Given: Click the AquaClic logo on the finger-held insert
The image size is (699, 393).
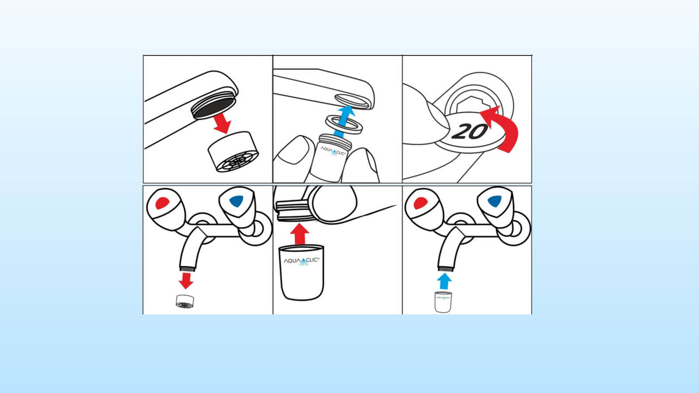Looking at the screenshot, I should (x=333, y=151).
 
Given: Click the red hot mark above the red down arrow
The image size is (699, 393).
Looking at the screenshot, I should (x=162, y=203).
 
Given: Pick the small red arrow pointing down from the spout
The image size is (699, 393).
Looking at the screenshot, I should (x=186, y=279).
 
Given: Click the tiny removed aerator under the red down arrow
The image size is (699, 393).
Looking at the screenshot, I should (x=185, y=301).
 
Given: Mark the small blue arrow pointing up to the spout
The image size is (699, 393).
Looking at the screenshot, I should (x=444, y=281).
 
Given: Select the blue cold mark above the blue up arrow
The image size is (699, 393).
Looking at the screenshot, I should (x=494, y=201).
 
